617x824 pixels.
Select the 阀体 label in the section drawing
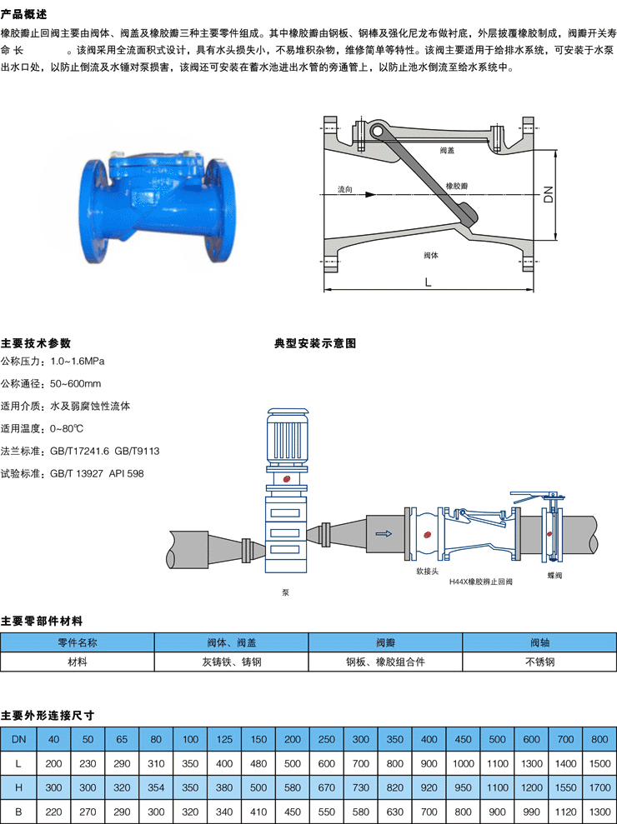(431, 254)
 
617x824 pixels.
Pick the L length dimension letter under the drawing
(428, 282)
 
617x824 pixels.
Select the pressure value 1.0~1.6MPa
(78, 362)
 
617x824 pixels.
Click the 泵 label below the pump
(286, 593)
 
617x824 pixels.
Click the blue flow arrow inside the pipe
(383, 534)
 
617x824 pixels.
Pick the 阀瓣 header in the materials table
(385, 642)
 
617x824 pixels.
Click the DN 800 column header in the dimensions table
(599, 739)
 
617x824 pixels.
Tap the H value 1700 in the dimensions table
(599, 786)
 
